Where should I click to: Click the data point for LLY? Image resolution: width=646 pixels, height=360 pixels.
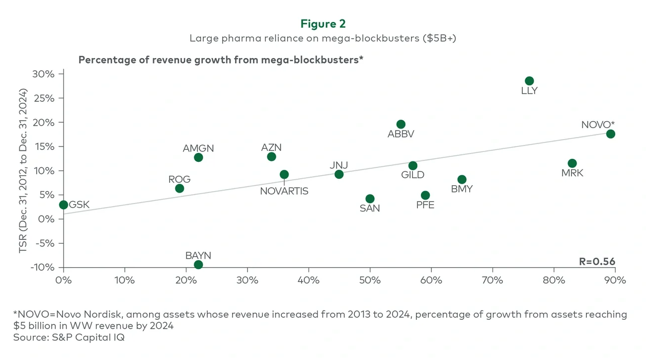coord(529,81)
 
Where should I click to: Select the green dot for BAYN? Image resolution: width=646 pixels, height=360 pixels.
coord(198,265)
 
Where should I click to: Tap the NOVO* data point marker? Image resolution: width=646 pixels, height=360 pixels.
coord(611,134)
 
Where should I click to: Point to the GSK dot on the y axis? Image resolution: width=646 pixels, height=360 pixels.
coord(63,205)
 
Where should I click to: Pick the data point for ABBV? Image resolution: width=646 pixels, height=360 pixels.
coord(401,124)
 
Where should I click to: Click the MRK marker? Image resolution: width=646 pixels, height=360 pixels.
coord(572,163)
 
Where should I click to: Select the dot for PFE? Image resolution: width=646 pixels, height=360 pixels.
coord(425,195)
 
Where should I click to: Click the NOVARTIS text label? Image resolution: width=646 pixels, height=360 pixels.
coord(284,191)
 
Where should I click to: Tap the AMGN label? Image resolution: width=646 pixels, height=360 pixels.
coord(198,148)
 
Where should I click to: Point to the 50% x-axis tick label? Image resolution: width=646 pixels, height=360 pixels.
coord(370,280)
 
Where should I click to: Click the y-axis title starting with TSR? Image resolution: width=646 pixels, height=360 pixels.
coord(23,171)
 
